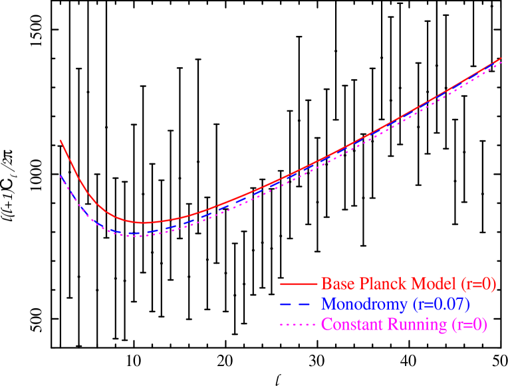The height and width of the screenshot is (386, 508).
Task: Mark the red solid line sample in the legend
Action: (298, 284)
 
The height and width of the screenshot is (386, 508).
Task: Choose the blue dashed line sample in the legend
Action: (298, 304)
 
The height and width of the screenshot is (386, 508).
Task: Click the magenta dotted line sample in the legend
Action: (298, 325)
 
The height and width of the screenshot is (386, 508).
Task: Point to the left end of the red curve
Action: (61, 141)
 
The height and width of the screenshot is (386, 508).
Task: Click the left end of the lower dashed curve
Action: (61, 176)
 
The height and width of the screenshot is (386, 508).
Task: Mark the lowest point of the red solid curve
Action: (144, 223)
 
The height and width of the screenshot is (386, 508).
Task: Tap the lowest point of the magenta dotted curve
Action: (139, 236)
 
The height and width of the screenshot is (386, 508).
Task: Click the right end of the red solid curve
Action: (501, 58)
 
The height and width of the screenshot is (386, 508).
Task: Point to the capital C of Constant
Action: (326, 325)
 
